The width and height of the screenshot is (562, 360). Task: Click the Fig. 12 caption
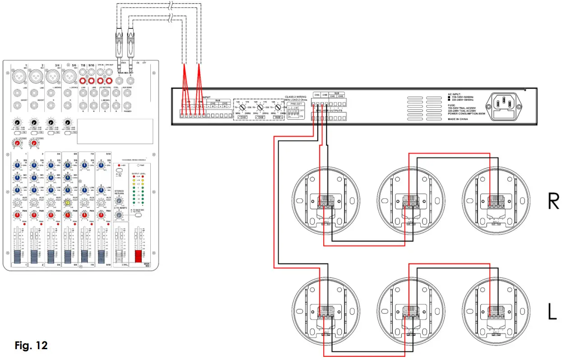(x=31, y=346)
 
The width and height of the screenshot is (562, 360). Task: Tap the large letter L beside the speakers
(x=552, y=311)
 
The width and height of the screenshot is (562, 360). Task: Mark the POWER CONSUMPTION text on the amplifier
(x=466, y=114)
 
